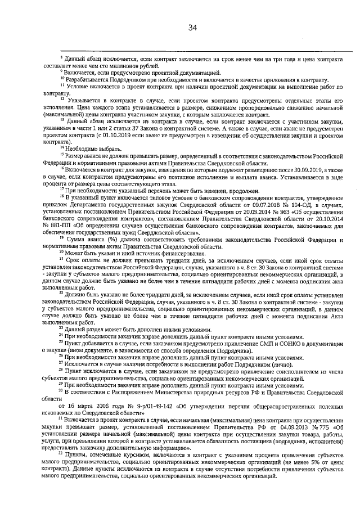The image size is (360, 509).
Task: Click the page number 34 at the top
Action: pyautogui.click(x=192, y=27)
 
